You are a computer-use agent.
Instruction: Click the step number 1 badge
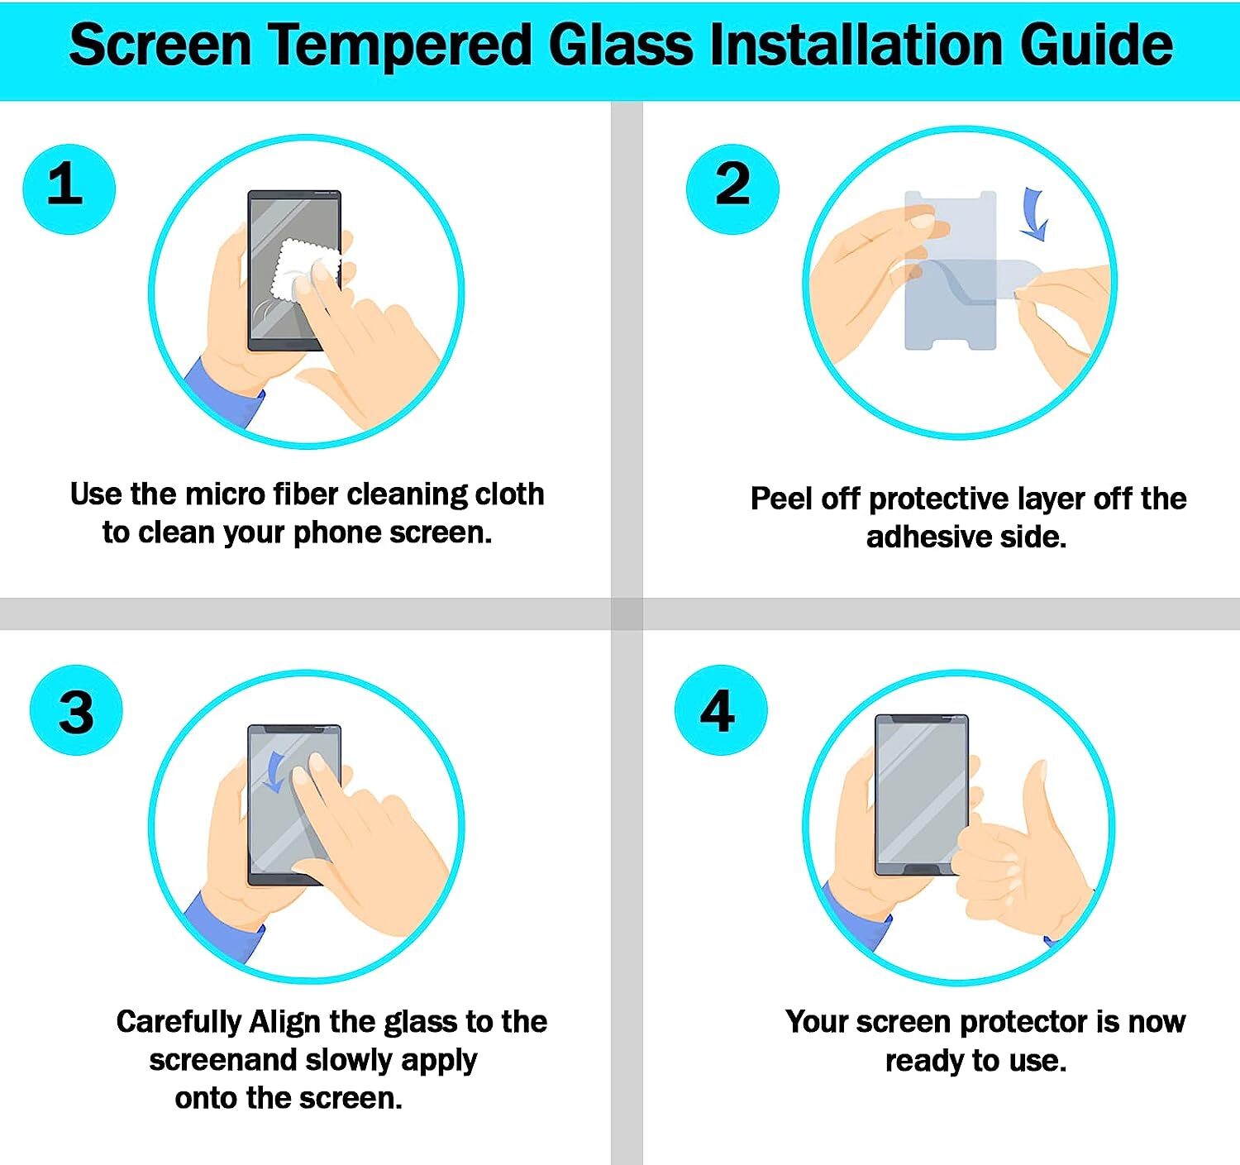pyautogui.click(x=69, y=189)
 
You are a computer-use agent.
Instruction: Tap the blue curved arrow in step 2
pyautogui.click(x=1033, y=213)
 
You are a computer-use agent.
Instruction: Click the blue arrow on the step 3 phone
pyautogui.click(x=274, y=771)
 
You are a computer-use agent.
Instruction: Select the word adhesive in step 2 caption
pyautogui.click(x=928, y=537)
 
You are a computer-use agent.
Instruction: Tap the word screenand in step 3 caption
pyautogui.click(x=223, y=1060)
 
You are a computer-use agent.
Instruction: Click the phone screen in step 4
pyautogui.click(x=920, y=790)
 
